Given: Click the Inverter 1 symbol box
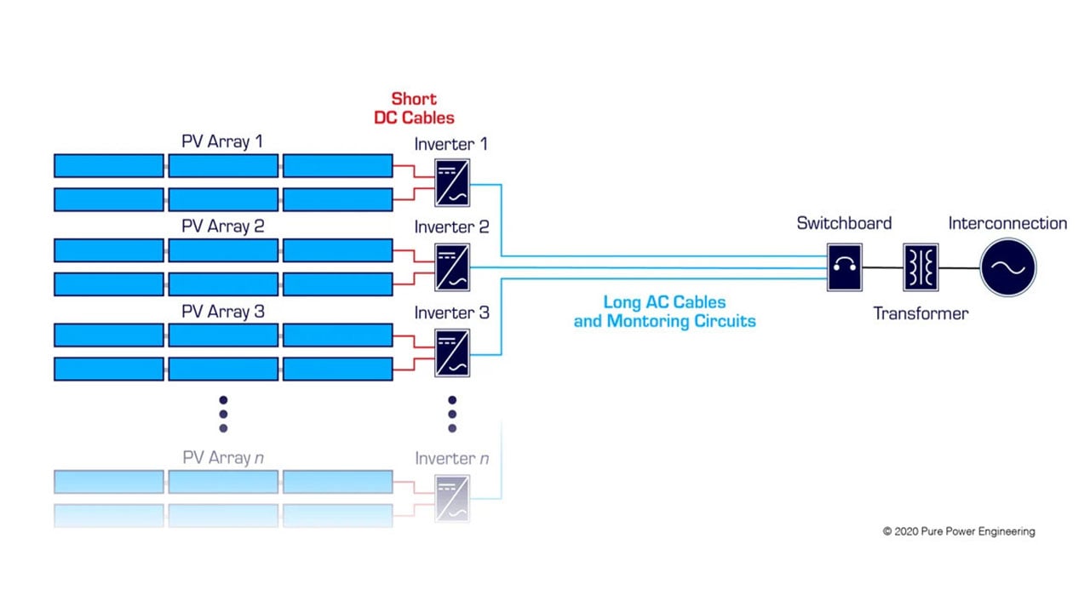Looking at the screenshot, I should (x=452, y=182).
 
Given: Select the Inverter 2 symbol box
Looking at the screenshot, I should (x=452, y=267).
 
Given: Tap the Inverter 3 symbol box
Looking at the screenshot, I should (x=452, y=352).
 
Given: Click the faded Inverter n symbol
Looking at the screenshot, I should (x=452, y=499).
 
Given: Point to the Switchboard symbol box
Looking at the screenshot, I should (x=844, y=267).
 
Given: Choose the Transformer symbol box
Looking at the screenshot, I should (x=921, y=267).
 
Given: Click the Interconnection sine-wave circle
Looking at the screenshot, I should (x=1008, y=267).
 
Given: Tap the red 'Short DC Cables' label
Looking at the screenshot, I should (x=414, y=108).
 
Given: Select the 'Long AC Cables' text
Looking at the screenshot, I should (x=664, y=302).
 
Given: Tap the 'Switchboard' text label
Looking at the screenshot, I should (x=844, y=223).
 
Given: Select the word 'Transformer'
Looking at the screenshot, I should (x=921, y=313).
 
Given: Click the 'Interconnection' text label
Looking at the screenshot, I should (x=1007, y=223).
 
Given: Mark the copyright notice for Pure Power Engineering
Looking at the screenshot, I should (x=959, y=531).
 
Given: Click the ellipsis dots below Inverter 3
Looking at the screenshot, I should (x=452, y=414).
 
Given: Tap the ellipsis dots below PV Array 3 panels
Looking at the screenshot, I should (x=223, y=414).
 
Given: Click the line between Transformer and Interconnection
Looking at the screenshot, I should (x=960, y=267).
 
